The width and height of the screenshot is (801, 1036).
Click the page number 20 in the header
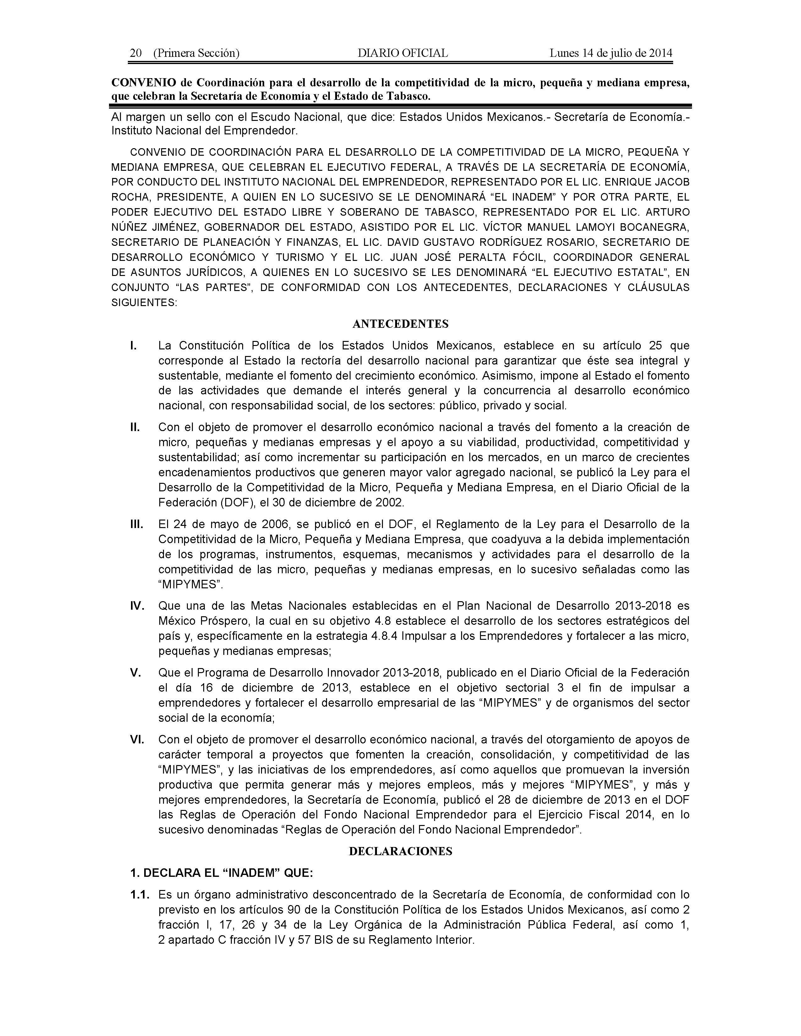click(136, 53)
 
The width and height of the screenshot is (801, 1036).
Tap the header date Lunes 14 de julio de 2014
click(611, 53)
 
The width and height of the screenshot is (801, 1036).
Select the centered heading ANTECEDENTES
click(401, 324)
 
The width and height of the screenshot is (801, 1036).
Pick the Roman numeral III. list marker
click(137, 524)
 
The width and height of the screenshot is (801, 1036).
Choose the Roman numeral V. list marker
click(136, 673)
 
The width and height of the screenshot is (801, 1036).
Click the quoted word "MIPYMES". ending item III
click(190, 585)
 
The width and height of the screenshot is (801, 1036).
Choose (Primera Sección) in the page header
click(196, 53)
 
